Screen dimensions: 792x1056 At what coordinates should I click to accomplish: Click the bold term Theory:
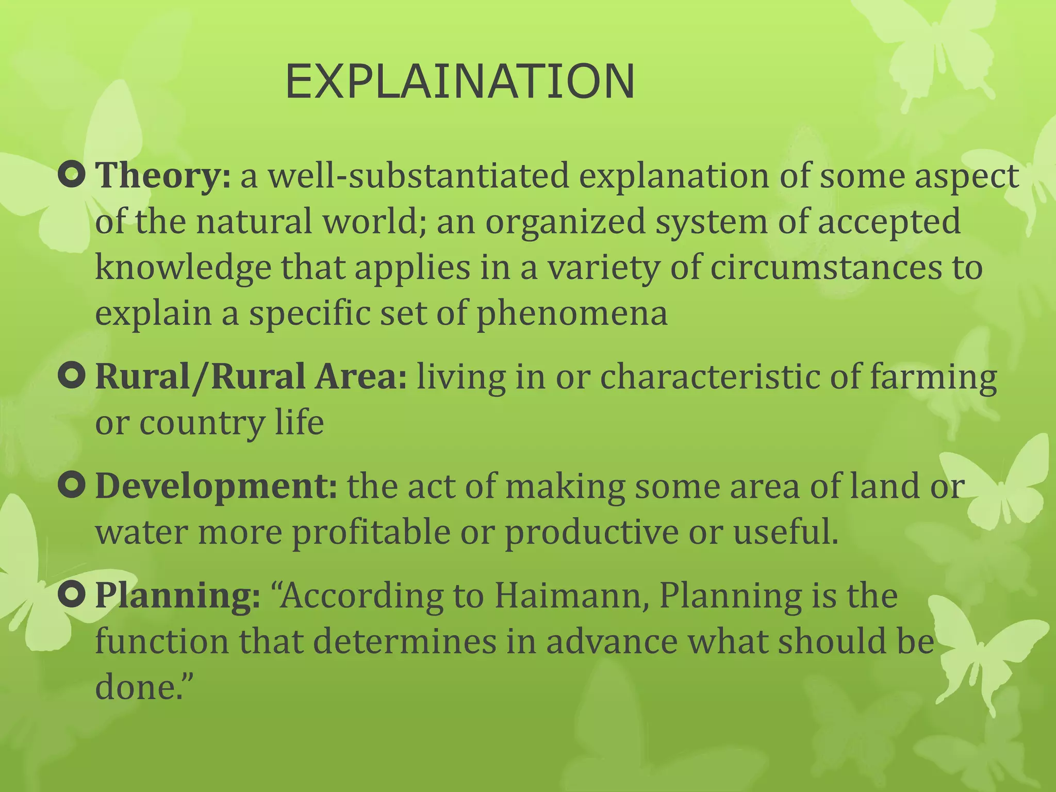click(163, 176)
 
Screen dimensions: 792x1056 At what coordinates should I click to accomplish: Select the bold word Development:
click(217, 486)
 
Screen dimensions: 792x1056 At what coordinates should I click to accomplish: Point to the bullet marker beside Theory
click(72, 175)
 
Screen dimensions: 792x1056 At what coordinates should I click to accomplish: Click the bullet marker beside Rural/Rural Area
click(72, 376)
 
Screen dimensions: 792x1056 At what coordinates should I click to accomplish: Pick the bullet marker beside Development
click(72, 486)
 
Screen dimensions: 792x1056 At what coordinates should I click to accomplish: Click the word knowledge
click(183, 268)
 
